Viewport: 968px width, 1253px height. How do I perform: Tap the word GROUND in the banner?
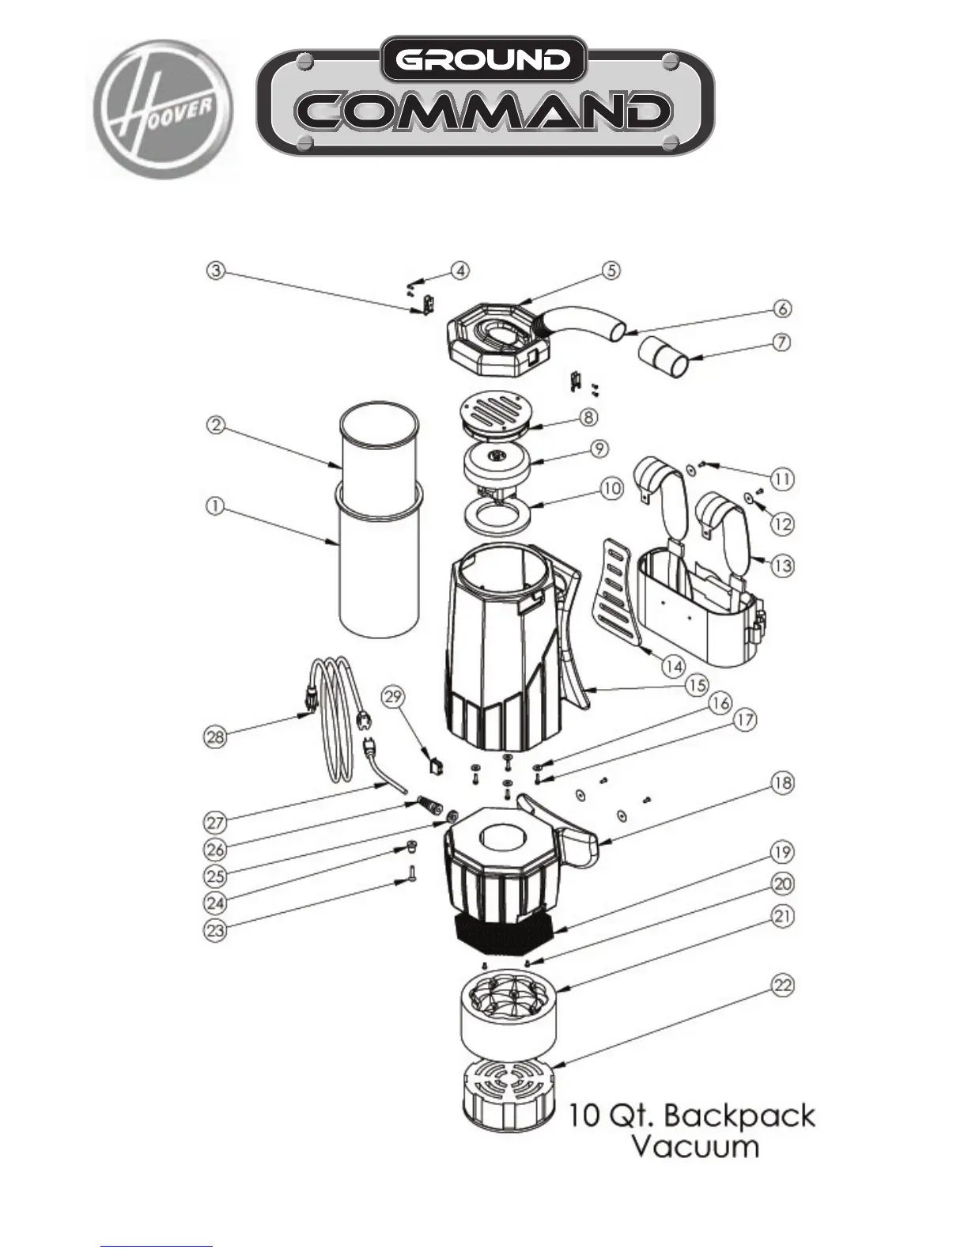483,59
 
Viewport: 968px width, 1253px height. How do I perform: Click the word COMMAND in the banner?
484,112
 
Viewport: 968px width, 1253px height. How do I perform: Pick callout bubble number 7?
781,344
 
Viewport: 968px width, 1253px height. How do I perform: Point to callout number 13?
783,566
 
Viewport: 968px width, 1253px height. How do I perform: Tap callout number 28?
215,737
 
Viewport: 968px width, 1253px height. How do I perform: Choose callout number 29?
394,697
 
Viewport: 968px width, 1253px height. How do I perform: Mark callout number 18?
782,783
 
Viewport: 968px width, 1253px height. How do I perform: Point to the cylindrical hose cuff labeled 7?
664,357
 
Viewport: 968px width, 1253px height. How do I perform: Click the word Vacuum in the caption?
694,1146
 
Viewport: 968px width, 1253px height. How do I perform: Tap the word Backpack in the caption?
739,1115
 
